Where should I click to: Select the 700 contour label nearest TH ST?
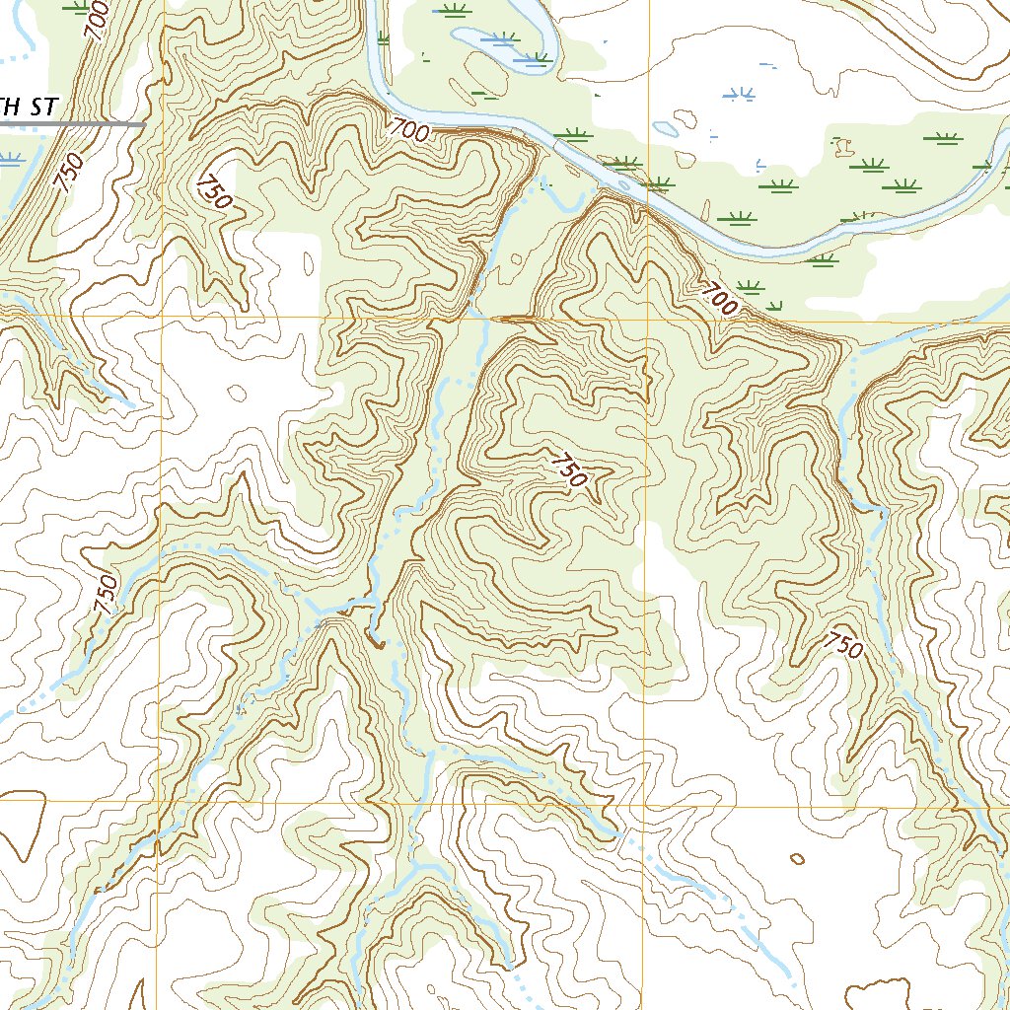click(96, 21)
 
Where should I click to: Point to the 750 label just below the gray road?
click(68, 173)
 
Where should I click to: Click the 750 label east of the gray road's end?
click(214, 191)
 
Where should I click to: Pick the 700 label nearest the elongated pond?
click(408, 129)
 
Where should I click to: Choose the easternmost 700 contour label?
click(720, 298)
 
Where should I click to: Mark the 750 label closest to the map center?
click(569, 470)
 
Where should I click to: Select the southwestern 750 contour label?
click(108, 595)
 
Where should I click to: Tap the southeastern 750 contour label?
click(843, 645)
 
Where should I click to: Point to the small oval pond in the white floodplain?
click(665, 128)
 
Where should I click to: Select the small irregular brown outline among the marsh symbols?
click(843, 147)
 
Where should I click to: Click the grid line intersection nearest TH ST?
click(161, 319)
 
